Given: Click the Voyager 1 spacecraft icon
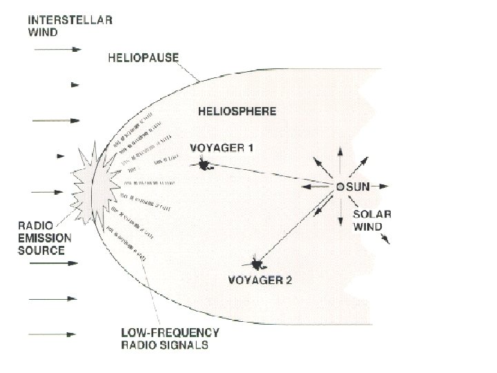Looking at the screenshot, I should pyautogui.click(x=204, y=164).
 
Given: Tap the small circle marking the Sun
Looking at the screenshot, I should pyautogui.click(x=340, y=186).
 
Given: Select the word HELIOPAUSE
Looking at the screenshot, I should pyautogui.click(x=143, y=59).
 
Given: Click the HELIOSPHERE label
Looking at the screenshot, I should pyautogui.click(x=237, y=111).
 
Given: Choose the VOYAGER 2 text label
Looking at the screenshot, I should pyautogui.click(x=260, y=280).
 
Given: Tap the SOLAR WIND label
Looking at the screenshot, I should pyautogui.click(x=372, y=220).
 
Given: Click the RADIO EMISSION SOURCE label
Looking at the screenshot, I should pyautogui.click(x=44, y=238).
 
